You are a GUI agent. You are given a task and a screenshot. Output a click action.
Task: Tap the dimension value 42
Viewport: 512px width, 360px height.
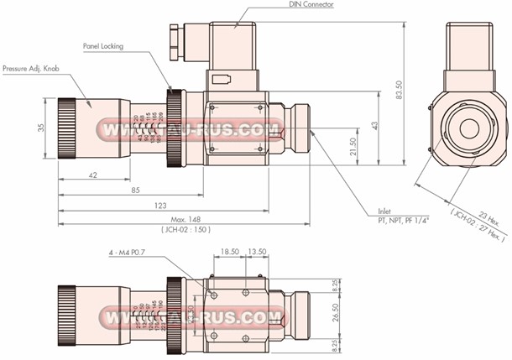point(92,175)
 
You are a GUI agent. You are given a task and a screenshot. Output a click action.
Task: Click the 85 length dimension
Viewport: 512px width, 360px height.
point(134,190)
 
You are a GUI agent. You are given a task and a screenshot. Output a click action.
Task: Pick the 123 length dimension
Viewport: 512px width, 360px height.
point(159,205)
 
